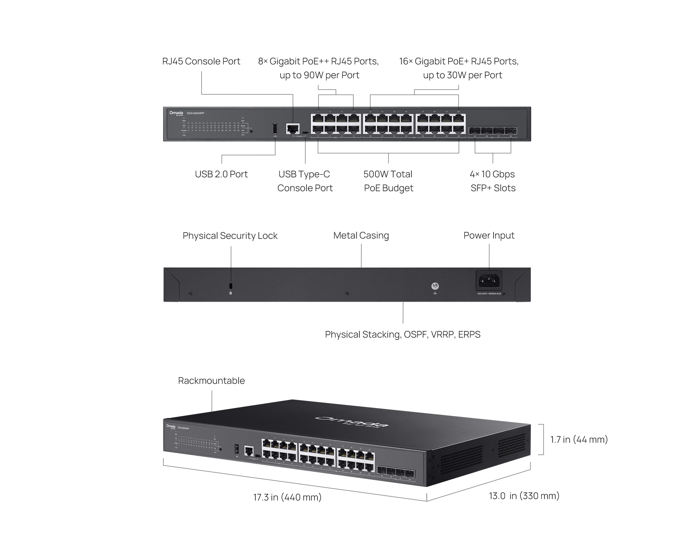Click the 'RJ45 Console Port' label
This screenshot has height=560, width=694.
[x=201, y=61]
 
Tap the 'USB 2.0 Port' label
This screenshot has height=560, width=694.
[x=221, y=174]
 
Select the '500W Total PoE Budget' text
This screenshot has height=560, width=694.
[x=388, y=181]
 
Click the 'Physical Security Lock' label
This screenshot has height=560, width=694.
[x=230, y=236]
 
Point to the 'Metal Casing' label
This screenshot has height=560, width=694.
[x=361, y=235]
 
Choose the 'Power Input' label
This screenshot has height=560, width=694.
[x=489, y=235]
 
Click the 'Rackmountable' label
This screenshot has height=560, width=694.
[x=212, y=381]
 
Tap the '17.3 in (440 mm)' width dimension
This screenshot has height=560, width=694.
[x=287, y=497]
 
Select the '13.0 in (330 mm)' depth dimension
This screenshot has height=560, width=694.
[x=524, y=496]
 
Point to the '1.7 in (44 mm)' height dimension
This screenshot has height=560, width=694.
[x=579, y=439]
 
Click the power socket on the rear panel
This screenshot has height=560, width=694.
[x=489, y=281]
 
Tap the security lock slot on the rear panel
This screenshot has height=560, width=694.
[x=230, y=286]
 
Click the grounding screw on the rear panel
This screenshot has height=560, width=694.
[x=435, y=286]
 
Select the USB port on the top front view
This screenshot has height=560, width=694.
[x=275, y=129]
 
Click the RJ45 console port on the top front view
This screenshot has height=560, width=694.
[x=293, y=129]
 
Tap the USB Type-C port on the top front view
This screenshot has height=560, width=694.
[x=305, y=133]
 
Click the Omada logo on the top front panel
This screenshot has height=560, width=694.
[x=176, y=113]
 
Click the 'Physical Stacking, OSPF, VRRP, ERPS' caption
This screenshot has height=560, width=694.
[x=403, y=334]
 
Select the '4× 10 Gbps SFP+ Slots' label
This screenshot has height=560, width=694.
[x=492, y=181]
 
